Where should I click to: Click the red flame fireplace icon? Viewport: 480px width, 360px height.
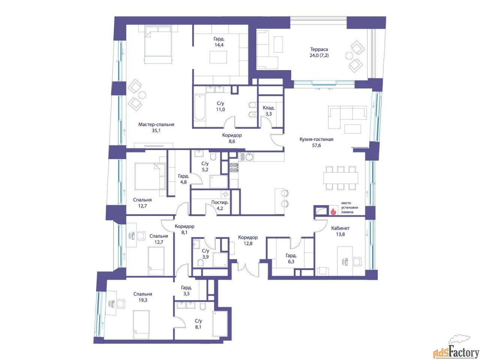click(333, 211)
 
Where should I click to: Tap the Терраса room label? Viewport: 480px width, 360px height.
click(319, 49)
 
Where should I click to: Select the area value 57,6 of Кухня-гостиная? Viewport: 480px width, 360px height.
click(316, 145)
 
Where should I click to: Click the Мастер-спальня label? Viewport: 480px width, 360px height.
click(156, 124)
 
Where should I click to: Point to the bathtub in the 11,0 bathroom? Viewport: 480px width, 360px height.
click(199, 107)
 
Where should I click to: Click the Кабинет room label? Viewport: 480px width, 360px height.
click(340, 228)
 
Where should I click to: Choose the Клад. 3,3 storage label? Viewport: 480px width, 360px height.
click(268, 111)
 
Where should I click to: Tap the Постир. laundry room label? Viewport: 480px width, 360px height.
click(220, 202)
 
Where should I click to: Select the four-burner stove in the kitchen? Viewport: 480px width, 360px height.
click(234, 168)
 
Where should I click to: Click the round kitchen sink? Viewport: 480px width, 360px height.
click(249, 157)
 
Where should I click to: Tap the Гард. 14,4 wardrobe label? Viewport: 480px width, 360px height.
click(219, 42)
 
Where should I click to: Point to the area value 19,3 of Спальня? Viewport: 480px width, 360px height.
click(143, 300)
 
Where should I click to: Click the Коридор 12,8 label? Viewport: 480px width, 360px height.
click(248, 240)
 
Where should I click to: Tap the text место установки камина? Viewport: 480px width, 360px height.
click(349, 208)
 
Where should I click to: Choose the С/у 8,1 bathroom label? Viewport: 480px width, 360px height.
click(198, 324)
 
